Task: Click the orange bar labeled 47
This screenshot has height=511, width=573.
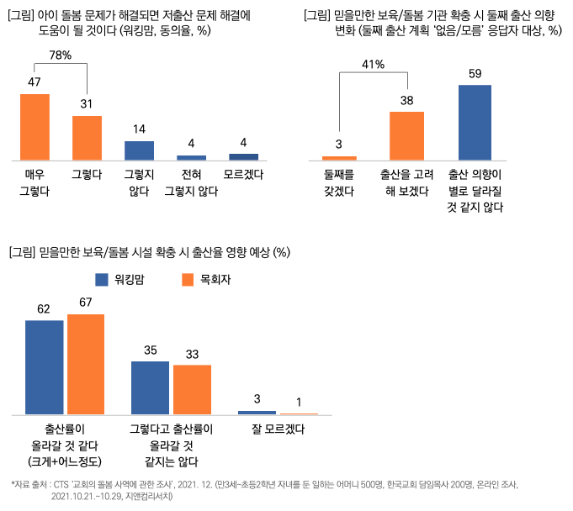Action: coord(34,126)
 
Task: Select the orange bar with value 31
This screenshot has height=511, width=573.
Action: coord(87,138)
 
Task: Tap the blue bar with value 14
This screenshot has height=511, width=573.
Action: coord(139,150)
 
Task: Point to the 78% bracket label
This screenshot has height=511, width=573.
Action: coord(60,55)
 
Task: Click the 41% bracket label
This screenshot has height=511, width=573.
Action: coord(373,65)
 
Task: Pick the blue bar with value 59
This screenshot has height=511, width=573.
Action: coord(475,122)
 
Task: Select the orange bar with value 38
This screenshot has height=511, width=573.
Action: coord(406,135)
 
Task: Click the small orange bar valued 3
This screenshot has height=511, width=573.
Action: coord(340,157)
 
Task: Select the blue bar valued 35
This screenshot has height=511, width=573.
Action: coord(150,387)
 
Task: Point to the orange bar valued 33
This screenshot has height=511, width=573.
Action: coord(192,389)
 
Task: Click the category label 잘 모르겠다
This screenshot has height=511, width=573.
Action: coord(278,429)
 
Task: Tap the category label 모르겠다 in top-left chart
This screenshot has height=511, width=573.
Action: coord(244,175)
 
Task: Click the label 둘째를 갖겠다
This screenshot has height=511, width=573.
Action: coord(339,183)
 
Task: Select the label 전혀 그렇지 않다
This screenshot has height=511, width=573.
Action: coord(191,183)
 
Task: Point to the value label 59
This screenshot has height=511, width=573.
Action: coord(475,74)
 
